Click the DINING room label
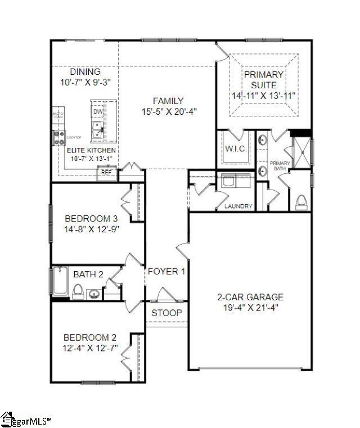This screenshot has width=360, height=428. [85, 72]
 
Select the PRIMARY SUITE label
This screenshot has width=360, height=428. [264, 79]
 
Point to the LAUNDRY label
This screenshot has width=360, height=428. [238, 206]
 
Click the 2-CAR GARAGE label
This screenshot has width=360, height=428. [250, 297]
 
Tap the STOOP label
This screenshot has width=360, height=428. [166, 313]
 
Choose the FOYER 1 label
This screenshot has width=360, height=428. [166, 272]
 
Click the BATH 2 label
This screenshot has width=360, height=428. [88, 274]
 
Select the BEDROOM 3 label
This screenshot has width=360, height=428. [91, 219]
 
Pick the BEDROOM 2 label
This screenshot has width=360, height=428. [90, 337]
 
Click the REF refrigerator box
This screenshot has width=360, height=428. [106, 173]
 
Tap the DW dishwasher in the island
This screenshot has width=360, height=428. [98, 112]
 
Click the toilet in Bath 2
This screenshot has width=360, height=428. [79, 291]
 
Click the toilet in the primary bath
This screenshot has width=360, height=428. [301, 201]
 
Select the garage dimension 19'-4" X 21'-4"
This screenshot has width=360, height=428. [250, 307]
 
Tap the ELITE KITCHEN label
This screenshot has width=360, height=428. [91, 150]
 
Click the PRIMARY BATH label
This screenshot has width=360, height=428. [280, 164]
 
